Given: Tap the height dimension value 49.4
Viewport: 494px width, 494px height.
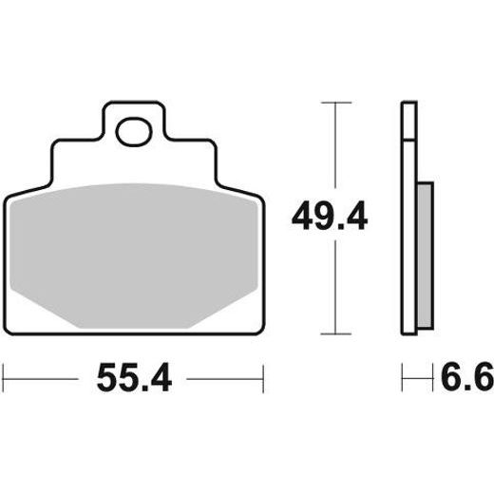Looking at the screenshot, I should (329, 217).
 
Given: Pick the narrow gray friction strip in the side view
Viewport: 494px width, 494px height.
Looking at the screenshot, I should (425, 256).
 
